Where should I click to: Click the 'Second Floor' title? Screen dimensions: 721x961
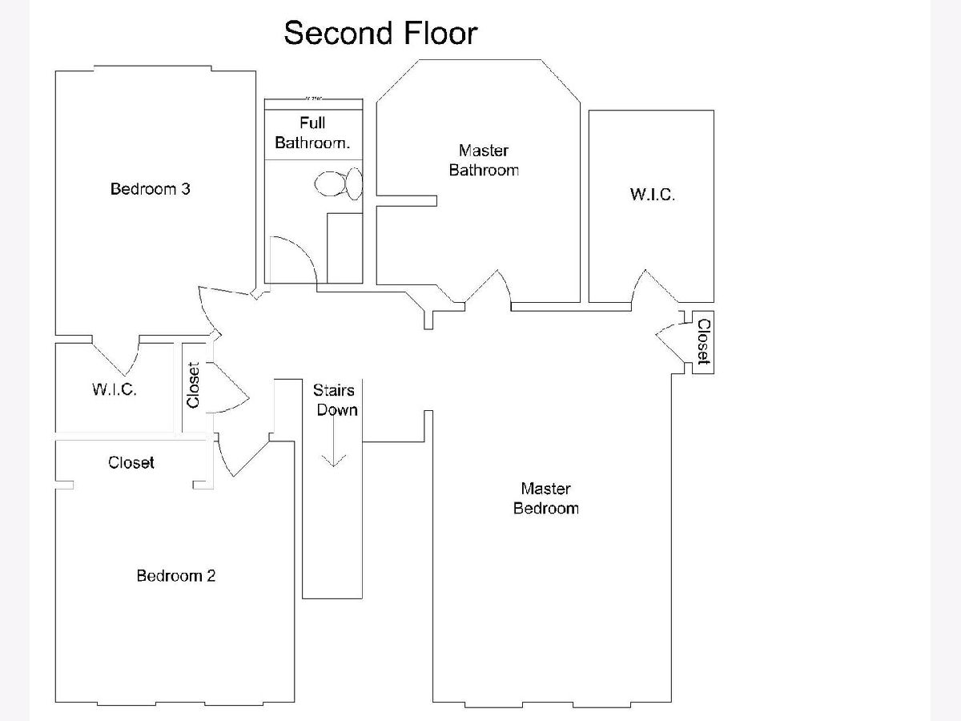tap(380, 34)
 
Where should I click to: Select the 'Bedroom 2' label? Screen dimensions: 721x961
tap(176, 575)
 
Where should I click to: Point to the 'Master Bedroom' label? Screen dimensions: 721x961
tap(545, 497)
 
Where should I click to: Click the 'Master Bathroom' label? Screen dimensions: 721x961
tap(484, 160)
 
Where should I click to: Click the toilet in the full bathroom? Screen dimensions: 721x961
tap(338, 184)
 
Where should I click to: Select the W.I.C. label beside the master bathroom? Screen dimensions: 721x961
tap(652, 194)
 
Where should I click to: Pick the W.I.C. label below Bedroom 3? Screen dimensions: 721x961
tap(114, 389)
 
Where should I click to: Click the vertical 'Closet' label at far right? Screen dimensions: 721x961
tap(703, 342)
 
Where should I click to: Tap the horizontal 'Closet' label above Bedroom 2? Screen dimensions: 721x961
tap(131, 462)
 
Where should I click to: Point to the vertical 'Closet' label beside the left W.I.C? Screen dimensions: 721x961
tap(193, 385)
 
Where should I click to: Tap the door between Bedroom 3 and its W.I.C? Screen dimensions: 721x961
tap(117, 353)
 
